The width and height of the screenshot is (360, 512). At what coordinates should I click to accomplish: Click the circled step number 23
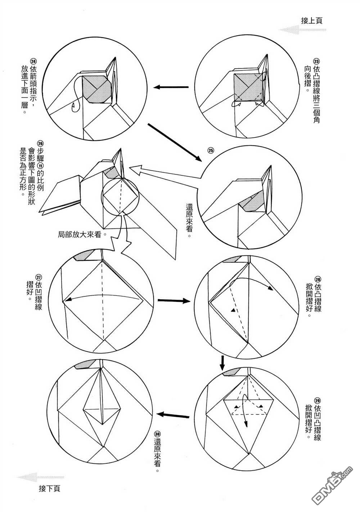click(x=316, y=61)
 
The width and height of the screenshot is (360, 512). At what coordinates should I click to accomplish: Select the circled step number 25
click(x=211, y=149)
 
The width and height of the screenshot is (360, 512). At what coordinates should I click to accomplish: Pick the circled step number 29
click(x=317, y=401)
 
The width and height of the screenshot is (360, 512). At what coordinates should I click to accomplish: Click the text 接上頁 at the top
click(x=311, y=20)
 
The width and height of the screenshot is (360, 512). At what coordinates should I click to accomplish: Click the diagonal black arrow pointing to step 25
click(x=173, y=142)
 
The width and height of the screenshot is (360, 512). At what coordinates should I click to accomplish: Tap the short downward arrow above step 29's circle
click(x=222, y=363)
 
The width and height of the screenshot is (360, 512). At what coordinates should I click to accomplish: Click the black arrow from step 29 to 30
click(x=174, y=416)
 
